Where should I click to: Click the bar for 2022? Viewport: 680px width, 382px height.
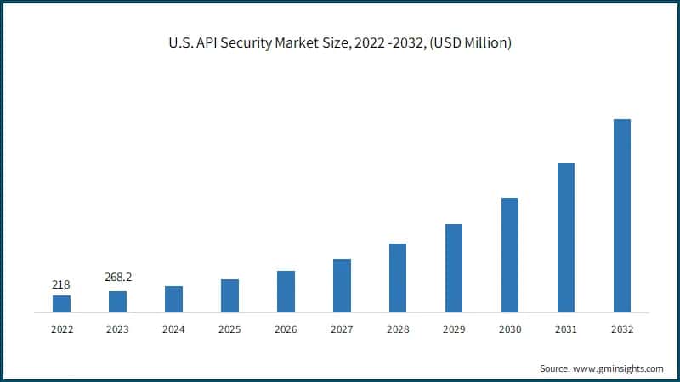pos(61,304)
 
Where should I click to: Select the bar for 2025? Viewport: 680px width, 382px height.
pos(229,295)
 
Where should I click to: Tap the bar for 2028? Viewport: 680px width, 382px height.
pos(398,278)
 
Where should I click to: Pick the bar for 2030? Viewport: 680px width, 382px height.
pos(510,255)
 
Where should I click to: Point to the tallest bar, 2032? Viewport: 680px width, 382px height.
pos(622,216)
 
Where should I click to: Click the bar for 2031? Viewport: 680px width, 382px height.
pos(566,238)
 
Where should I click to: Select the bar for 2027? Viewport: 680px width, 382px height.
pos(342,285)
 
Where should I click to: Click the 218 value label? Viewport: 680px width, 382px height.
pos(61,284)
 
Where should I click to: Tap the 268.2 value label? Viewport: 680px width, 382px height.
pos(117,277)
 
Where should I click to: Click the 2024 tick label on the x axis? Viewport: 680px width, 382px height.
pos(173,329)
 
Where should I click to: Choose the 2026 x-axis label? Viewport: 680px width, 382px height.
pos(286,329)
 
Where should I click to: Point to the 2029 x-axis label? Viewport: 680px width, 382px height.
pos(454,329)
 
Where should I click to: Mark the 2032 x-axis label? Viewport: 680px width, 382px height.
pos(622,329)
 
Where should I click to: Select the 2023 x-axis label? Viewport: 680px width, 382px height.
pos(117,329)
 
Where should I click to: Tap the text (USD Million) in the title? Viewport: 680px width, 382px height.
pos(469,43)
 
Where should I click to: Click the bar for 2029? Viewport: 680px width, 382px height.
pos(454,268)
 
